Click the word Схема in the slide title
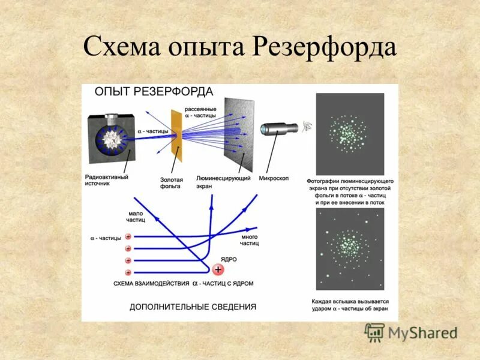(x=122, y=47)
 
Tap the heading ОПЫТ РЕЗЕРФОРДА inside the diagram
(x=154, y=92)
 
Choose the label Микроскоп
(x=274, y=178)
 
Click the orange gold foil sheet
(x=176, y=134)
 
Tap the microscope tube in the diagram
(x=279, y=128)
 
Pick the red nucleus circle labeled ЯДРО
(x=217, y=270)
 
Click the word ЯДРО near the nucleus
(x=229, y=259)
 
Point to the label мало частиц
(x=134, y=217)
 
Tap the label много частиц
(x=249, y=241)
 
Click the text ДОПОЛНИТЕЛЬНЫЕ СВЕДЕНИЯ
(x=193, y=307)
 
